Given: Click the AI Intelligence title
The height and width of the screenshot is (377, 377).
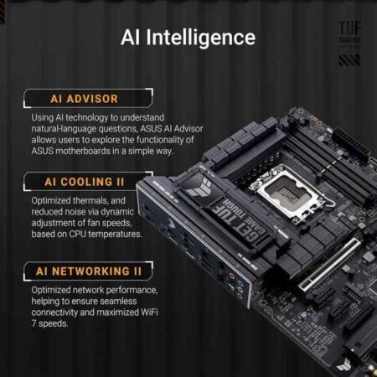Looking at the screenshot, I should point(188,37).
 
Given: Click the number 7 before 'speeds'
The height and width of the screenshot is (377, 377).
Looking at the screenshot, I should point(34,323).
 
